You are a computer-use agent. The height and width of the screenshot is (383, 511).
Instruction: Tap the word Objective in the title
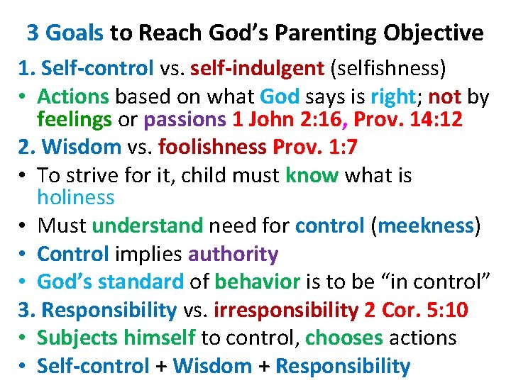coord(434,33)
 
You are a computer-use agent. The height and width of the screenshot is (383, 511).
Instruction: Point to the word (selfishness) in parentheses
coord(386,68)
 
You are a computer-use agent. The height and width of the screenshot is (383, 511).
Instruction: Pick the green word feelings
coord(74,119)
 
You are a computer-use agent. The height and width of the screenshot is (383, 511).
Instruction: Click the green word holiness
coord(75,196)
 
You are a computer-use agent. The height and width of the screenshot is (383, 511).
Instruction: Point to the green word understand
coord(148,226)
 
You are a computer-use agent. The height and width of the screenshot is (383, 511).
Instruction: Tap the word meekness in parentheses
coord(427,226)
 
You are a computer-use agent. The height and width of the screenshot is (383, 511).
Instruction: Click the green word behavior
coord(257,282)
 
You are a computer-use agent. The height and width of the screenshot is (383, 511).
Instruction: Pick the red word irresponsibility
coord(285,310)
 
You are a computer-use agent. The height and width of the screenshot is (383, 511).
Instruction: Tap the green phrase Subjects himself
coord(116,338)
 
